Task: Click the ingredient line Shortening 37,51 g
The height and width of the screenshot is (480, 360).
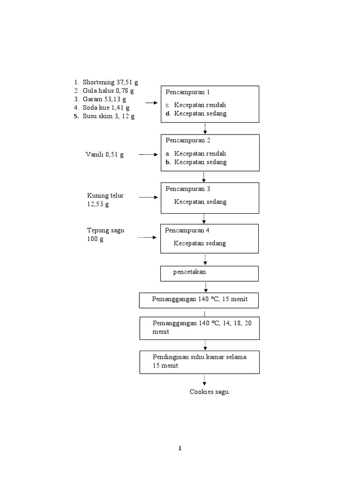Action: coord(110,82)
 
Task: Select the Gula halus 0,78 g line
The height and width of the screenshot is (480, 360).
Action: coord(108,91)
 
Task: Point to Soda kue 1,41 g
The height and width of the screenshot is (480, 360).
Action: coord(106,108)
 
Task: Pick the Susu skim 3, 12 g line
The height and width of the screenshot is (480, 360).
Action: coord(108,116)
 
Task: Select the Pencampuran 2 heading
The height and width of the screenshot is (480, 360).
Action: coord(187,140)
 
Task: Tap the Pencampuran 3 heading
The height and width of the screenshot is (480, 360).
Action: coord(187,188)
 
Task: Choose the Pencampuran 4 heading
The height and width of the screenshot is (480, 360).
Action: coord(187,230)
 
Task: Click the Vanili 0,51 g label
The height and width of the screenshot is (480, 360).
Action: coord(105,155)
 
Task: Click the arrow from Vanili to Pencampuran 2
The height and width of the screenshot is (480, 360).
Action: coord(149,155)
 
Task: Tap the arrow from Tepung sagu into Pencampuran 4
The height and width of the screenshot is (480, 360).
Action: coord(147,238)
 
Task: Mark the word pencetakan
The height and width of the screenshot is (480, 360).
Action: coord(189,272)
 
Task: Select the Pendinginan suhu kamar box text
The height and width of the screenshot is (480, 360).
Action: coord(200,361)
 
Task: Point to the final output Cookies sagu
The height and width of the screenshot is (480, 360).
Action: coord(210,392)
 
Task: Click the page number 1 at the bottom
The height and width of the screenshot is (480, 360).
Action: coord(180,449)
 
